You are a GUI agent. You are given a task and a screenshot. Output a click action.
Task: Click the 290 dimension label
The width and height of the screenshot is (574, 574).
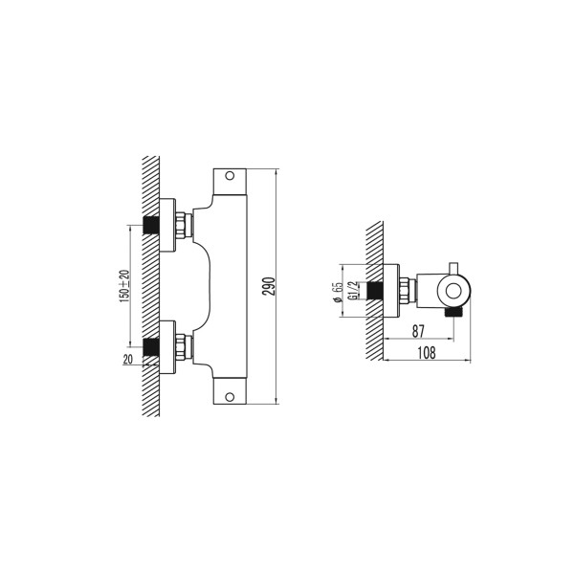(270, 287)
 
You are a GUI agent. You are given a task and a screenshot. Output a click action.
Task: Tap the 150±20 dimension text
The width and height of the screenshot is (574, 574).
(124, 286)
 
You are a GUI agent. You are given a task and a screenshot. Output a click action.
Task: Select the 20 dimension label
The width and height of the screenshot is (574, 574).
(128, 360)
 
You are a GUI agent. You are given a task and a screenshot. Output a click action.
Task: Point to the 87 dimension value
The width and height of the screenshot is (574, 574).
(418, 331)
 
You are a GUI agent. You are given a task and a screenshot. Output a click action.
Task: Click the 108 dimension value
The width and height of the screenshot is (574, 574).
(427, 353)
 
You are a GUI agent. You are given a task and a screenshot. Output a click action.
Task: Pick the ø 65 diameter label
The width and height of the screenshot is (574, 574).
(338, 292)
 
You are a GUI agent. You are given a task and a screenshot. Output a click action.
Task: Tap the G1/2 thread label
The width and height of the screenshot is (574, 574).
(353, 291)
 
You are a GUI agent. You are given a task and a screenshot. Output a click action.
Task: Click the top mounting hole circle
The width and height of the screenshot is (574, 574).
(230, 176)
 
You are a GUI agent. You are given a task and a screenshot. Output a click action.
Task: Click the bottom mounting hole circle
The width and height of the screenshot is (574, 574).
(230, 397)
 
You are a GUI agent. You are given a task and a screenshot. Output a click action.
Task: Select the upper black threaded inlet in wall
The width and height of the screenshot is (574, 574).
(151, 225)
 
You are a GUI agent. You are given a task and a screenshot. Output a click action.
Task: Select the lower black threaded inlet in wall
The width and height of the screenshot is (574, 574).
(151, 347)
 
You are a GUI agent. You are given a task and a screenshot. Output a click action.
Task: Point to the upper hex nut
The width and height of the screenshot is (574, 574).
(180, 225)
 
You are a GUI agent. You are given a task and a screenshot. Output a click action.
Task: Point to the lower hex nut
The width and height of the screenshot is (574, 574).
(180, 347)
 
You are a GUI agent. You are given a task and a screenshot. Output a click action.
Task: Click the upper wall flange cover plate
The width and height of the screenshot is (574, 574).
(167, 225)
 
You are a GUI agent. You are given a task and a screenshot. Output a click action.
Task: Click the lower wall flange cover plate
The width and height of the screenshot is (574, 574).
(167, 347)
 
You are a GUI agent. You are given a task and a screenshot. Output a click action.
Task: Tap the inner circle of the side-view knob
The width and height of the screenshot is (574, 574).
(453, 292)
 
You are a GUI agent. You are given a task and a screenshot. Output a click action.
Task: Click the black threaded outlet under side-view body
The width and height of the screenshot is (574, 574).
(453, 312)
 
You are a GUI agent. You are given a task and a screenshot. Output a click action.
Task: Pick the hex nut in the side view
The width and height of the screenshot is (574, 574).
(404, 291)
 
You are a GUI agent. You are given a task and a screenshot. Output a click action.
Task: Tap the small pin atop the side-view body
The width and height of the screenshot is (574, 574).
(453, 268)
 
